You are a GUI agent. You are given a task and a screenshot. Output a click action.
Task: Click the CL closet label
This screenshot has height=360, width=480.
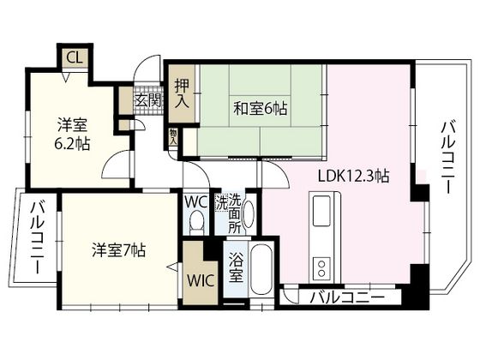[x=74, y=58]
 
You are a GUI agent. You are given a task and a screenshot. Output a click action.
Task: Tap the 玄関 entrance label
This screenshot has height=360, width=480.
[x=147, y=100]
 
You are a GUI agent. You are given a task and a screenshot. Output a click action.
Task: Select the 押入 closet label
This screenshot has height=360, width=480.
[x=181, y=92]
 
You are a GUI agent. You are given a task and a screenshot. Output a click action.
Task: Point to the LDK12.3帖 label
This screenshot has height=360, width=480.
[x=353, y=177]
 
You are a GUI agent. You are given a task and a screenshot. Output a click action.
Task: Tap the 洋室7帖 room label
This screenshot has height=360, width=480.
[x=119, y=251]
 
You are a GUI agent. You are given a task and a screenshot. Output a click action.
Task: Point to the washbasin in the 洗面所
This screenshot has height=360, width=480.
[x=249, y=214]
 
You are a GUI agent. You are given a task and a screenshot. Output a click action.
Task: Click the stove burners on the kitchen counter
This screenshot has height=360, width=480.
[x=322, y=265]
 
